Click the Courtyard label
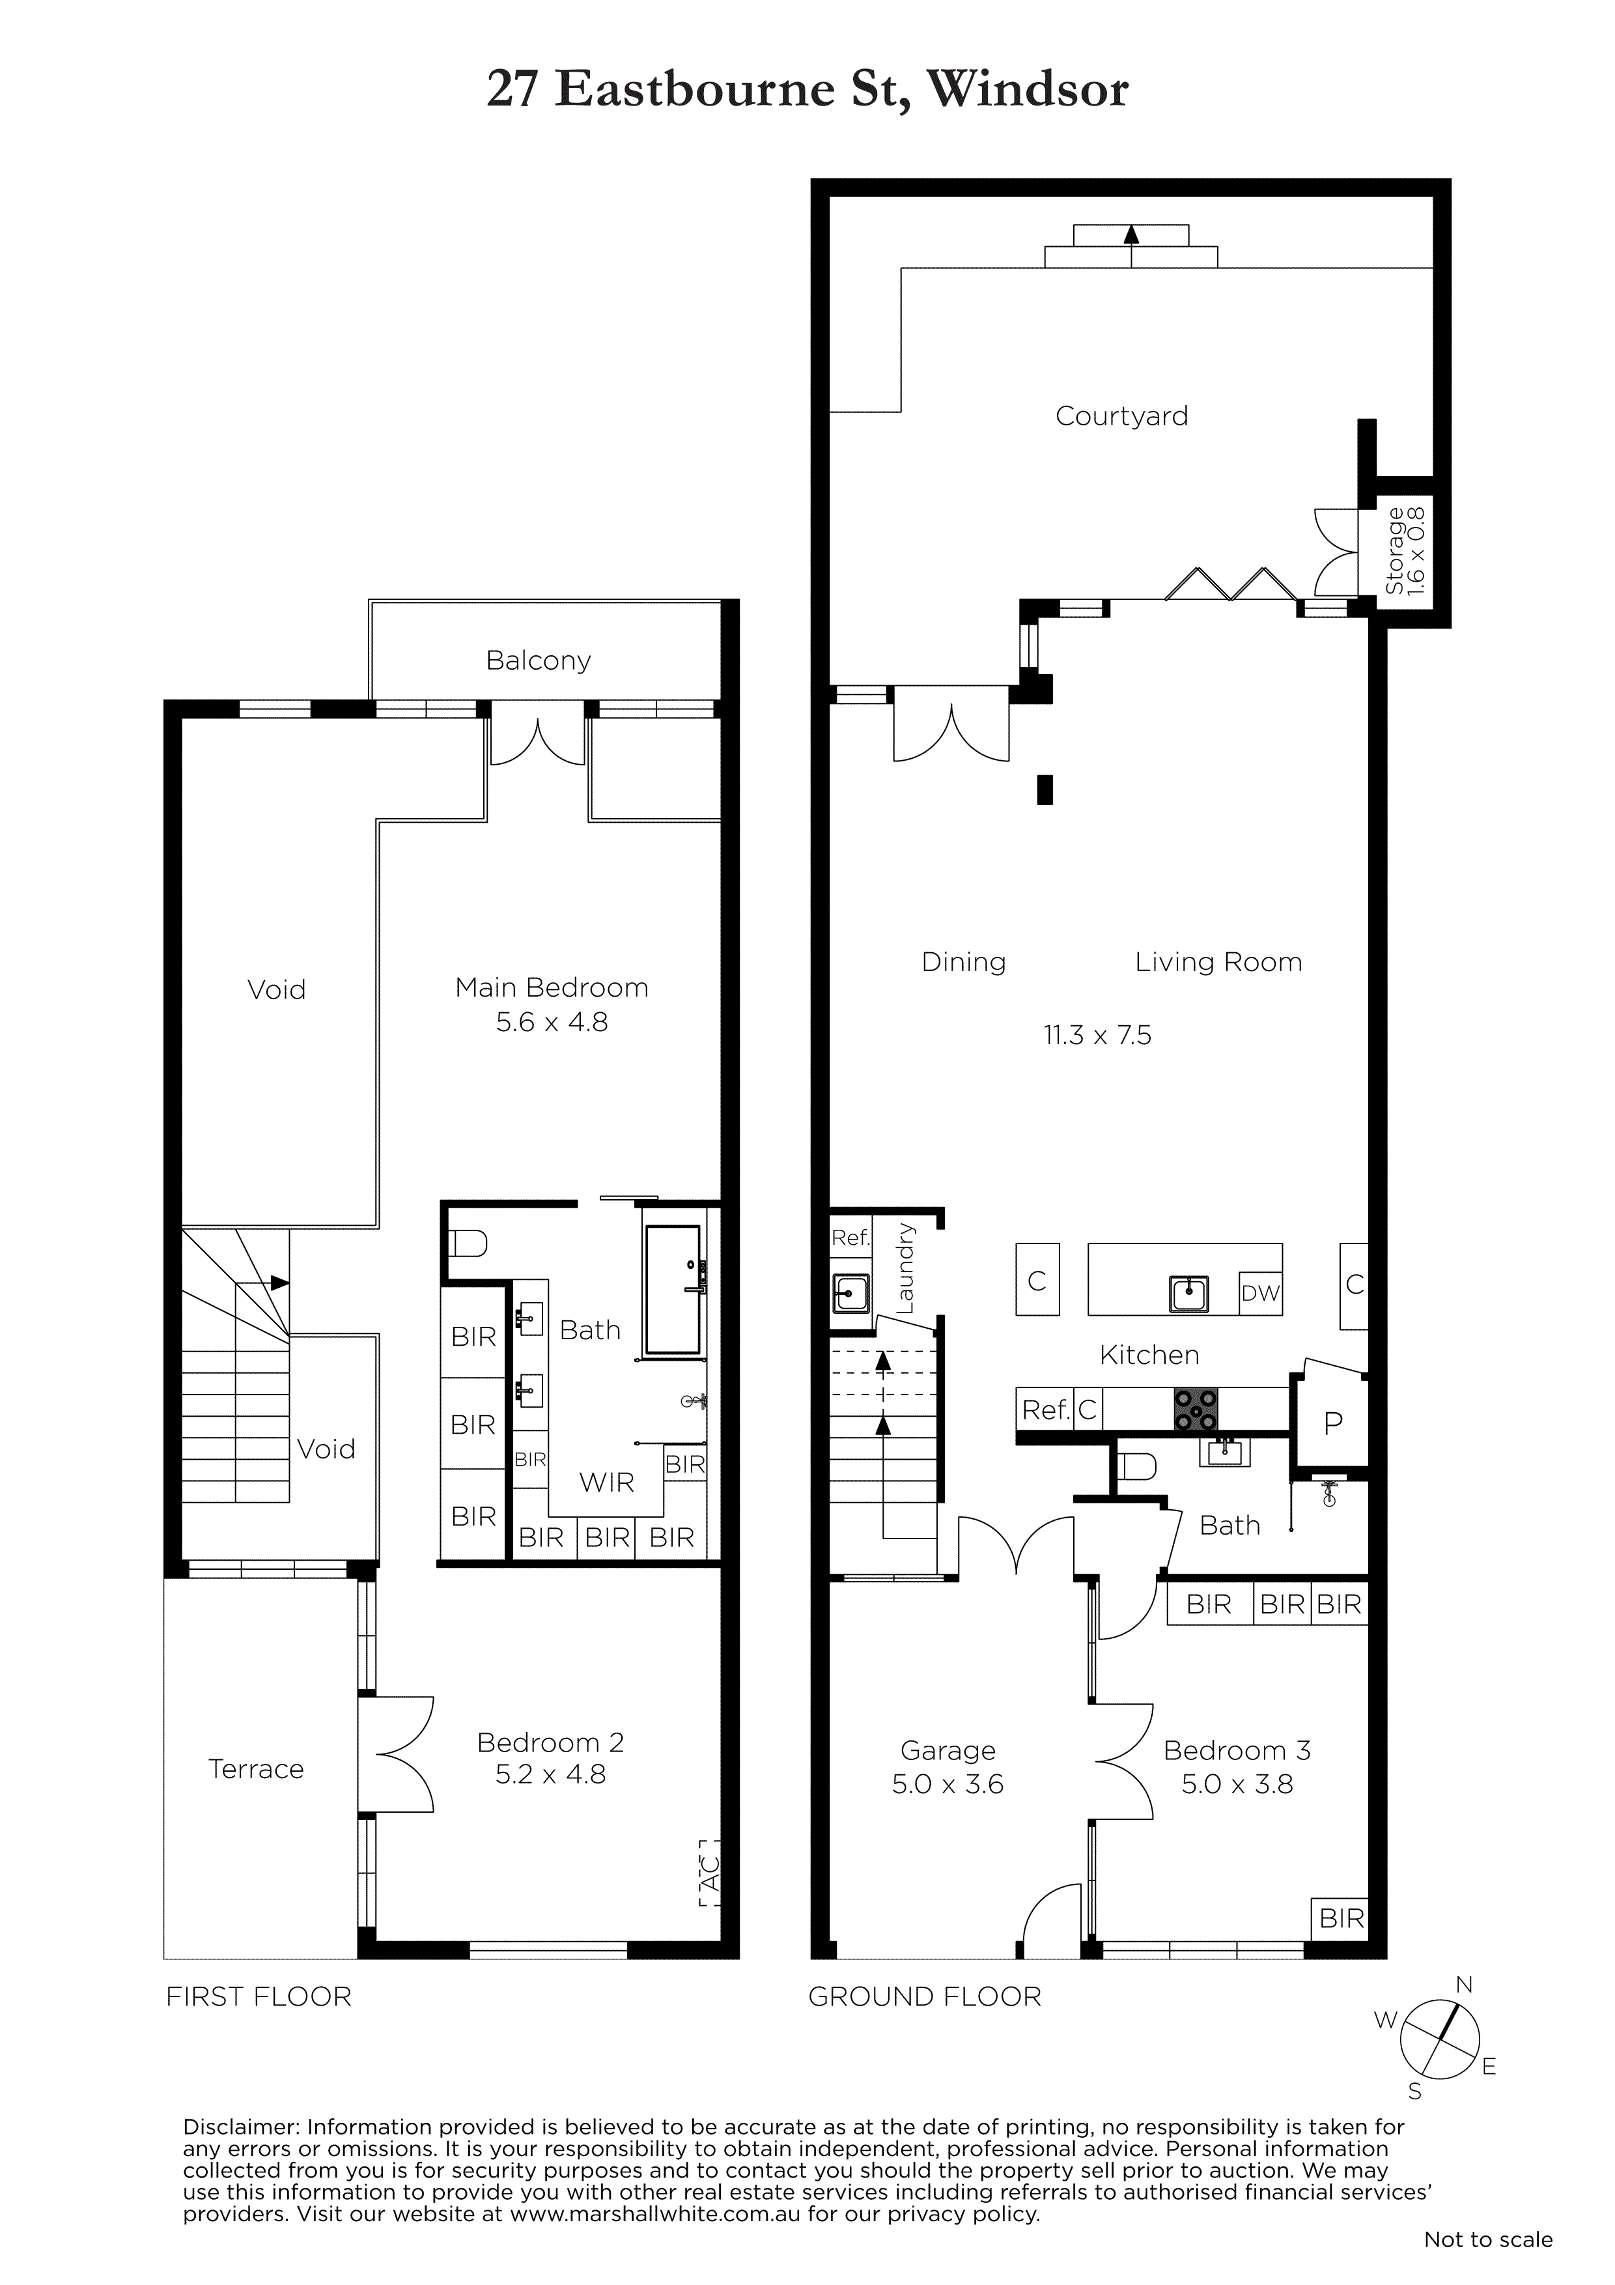pos(1121,416)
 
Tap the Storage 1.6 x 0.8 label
pos(1404,550)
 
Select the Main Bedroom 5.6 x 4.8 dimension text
pos(552,1022)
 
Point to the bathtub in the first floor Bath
pos(673,1289)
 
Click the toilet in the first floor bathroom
pos(468,1243)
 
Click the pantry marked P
pos(1332,1424)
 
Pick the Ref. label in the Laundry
pos(850,1238)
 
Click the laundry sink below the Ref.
pos(850,1294)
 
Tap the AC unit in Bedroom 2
pos(709,1872)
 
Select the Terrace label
pos(256,1768)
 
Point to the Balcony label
pos(539,661)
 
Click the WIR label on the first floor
pos(607,1482)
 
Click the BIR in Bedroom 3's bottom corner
pos(1341,1917)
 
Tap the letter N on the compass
pos(1464,1985)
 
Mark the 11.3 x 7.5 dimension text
pos(1097,1035)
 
